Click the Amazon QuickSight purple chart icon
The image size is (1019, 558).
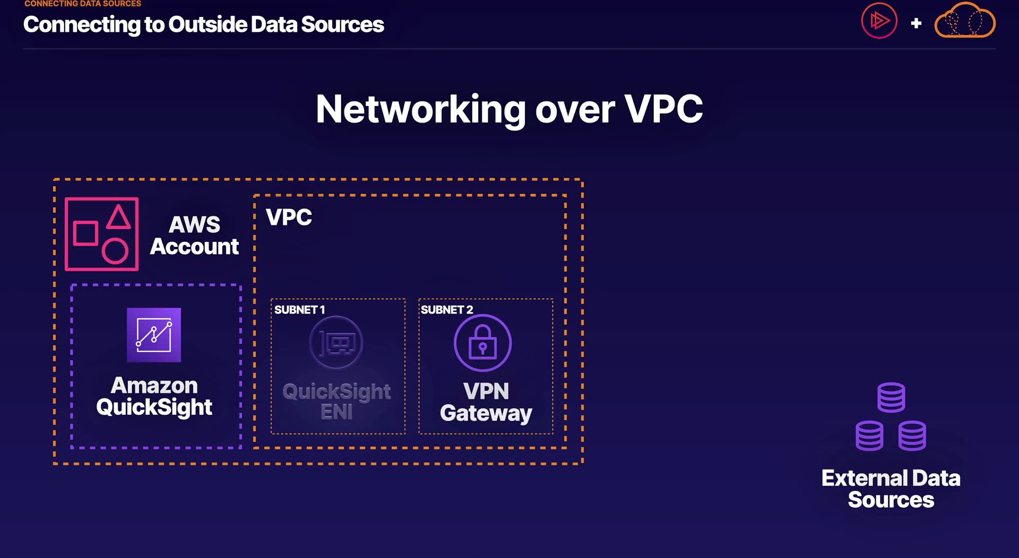[154, 335]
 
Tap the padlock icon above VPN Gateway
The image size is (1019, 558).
[482, 343]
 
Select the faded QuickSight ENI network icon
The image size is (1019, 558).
[336, 343]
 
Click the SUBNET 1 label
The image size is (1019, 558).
[299, 310]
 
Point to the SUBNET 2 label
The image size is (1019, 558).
[446, 310]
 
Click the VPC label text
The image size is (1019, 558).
[289, 217]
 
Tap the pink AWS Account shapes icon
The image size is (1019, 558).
[102, 234]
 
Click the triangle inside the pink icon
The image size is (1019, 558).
[118, 217]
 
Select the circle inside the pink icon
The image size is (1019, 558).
[115, 251]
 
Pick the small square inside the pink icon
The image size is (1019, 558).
[85, 233]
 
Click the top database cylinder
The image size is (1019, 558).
[891, 397]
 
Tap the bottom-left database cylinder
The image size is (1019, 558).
[869, 435]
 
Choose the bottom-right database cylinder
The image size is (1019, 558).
[912, 435]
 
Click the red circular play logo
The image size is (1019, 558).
[879, 21]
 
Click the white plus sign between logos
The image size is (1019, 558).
[916, 23]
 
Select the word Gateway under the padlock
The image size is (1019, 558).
[486, 413]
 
